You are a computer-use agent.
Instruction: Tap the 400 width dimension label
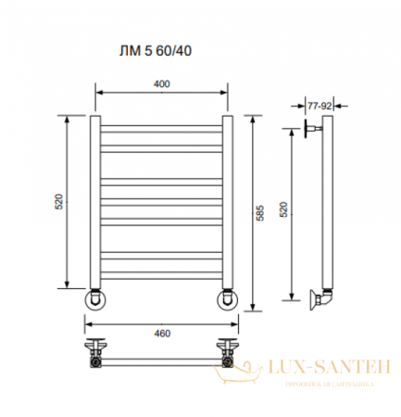(162, 84)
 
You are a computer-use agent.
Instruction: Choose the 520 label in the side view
(284, 209)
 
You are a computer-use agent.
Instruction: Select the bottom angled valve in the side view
(320, 298)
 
